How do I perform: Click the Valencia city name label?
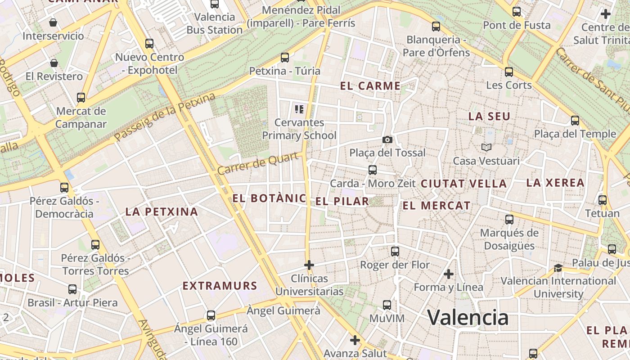[468, 317]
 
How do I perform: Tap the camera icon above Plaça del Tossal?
[387, 140]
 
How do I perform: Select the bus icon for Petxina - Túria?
[284, 58]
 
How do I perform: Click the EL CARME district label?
[370, 86]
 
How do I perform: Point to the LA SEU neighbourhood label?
[489, 116]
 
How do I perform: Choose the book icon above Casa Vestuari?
[486, 147]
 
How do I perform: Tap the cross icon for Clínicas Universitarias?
[309, 265]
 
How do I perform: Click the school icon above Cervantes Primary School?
[299, 109]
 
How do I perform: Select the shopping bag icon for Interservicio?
[53, 22]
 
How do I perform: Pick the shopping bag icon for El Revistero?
[54, 63]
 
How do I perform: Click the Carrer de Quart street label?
[258, 163]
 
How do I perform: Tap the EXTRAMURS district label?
[220, 286]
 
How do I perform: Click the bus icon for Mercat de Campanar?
[81, 98]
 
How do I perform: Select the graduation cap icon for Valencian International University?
[558, 268]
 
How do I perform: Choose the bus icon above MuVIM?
[387, 305]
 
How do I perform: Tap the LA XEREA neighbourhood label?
[555, 183]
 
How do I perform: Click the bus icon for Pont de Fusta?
[517, 12]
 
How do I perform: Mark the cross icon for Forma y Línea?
[448, 274]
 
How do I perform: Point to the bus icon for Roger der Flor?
[395, 252]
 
